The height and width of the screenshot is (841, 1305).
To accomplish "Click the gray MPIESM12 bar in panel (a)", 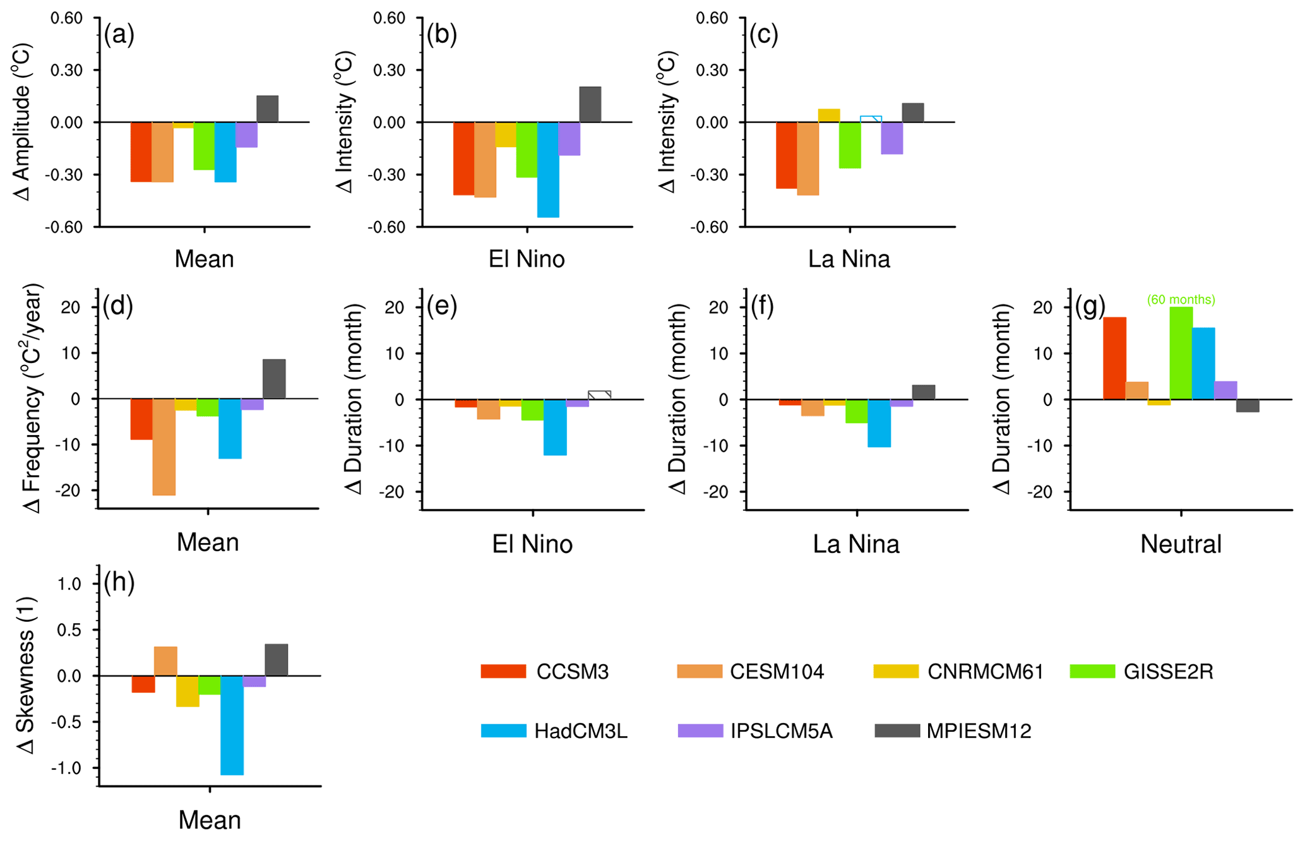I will (267, 109).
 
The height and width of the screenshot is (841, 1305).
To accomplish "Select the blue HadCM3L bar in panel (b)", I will (548, 169).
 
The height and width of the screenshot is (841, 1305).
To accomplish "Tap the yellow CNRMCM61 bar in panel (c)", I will (828, 116).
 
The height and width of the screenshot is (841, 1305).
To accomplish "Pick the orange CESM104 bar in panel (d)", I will (164, 446).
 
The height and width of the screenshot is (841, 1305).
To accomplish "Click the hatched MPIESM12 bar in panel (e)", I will (599, 395).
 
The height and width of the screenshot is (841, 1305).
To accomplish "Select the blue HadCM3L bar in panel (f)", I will (879, 423).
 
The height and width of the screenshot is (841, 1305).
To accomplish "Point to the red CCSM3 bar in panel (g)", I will (1114, 358).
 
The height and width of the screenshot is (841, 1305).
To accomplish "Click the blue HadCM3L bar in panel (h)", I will (232, 725).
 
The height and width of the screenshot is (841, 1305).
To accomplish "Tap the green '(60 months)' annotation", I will (1181, 300).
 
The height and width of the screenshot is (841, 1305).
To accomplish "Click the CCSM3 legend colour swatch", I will (503, 671).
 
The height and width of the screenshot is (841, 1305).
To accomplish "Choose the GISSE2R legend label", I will (1168, 672).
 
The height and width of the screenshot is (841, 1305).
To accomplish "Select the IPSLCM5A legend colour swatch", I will (700, 731).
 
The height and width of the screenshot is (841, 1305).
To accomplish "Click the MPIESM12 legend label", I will (979, 731).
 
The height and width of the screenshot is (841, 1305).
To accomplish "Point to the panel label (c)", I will (763, 35).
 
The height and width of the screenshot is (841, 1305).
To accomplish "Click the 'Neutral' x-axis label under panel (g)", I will (1181, 544).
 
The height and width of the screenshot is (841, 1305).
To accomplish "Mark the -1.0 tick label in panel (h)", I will (69, 768).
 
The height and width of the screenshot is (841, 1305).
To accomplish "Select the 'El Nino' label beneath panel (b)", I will (527, 259).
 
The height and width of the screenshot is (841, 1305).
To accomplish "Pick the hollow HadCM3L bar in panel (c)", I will (871, 119).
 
